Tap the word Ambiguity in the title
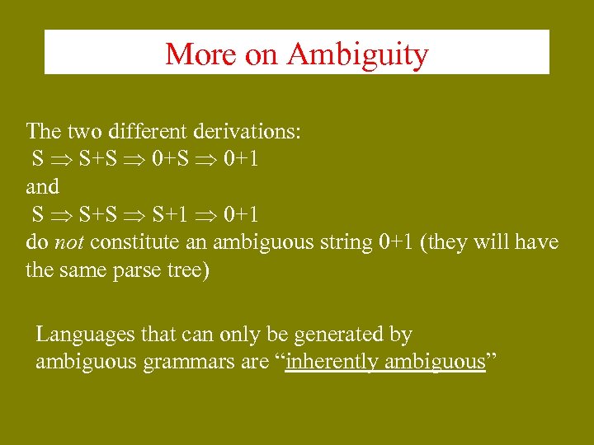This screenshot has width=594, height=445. click(357, 54)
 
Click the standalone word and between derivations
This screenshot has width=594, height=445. click(43, 186)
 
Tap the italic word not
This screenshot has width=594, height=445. click(70, 242)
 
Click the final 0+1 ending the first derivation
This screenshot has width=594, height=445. click(238, 158)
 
